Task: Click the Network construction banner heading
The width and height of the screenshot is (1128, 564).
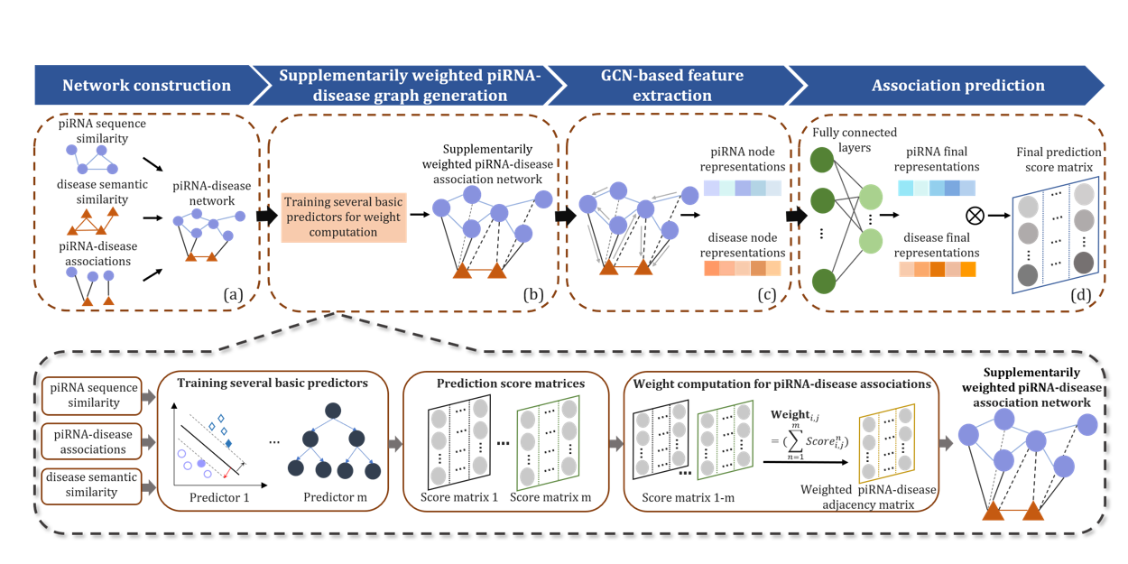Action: point(146,87)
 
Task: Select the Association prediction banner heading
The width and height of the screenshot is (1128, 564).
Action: point(957,87)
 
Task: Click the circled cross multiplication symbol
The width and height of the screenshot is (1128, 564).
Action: point(973,216)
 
